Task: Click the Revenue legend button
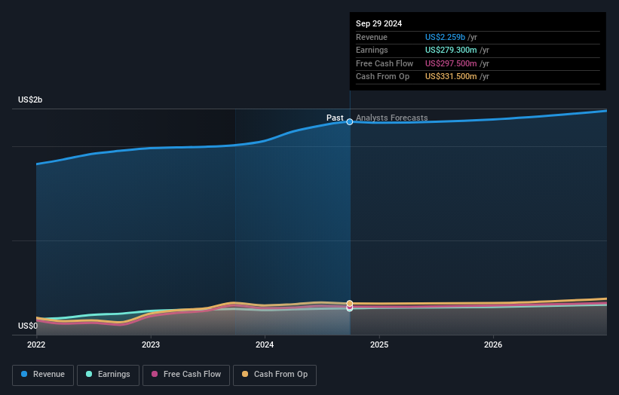pos(43,375)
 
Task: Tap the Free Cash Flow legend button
pos(185,375)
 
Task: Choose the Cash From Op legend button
pos(274,375)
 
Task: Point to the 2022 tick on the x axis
pos(36,344)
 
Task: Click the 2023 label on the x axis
pos(151,344)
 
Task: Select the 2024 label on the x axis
pos(265,344)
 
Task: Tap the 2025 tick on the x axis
pos(379,344)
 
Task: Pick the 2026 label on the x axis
pos(493,344)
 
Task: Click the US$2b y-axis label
pos(30,100)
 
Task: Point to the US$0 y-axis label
pos(28,326)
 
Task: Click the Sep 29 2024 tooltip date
pos(378,23)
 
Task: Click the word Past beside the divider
pos(335,118)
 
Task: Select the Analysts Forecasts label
pos(391,118)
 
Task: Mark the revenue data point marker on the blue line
pos(350,121)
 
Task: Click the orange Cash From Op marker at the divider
pos(350,303)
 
